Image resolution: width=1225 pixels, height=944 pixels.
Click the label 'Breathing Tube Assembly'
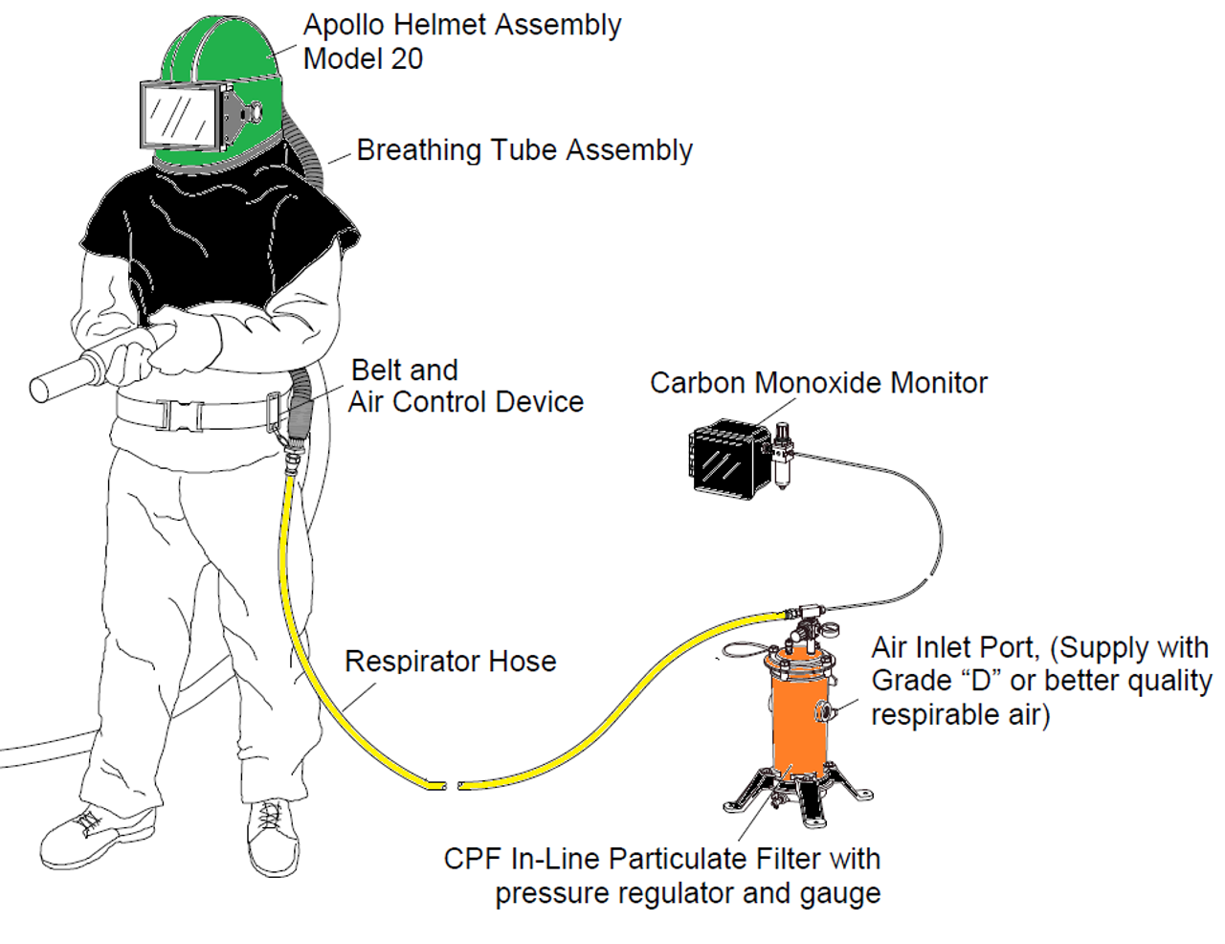(524, 150)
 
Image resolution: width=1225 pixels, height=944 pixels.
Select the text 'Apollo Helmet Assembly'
(462, 26)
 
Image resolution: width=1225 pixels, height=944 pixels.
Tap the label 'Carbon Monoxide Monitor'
(818, 383)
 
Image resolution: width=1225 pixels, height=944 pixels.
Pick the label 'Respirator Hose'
(451, 661)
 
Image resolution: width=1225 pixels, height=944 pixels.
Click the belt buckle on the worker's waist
(182, 416)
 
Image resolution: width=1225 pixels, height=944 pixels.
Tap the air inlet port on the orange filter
(824, 711)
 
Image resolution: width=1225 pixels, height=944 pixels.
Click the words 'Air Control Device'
(466, 402)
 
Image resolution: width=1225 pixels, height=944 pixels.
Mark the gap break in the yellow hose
(452, 785)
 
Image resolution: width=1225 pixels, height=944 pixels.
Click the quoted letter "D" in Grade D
(981, 681)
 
